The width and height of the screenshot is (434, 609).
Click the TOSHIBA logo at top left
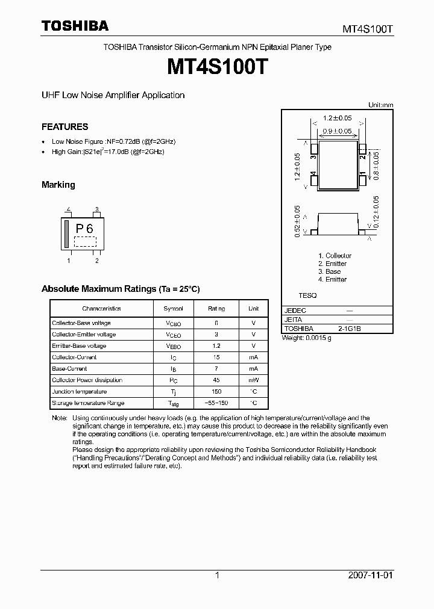(x=75, y=26)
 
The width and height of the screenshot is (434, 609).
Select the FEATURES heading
(x=64, y=127)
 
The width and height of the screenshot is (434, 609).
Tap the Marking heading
(x=58, y=185)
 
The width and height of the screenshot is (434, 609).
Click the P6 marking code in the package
(x=84, y=229)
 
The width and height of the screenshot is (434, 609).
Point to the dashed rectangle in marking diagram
(x=85, y=241)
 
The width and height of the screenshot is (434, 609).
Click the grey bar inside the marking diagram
(x=66, y=234)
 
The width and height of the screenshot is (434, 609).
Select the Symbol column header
(x=173, y=308)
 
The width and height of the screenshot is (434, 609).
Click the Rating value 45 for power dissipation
(x=216, y=380)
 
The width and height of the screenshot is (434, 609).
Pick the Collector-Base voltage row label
(x=81, y=323)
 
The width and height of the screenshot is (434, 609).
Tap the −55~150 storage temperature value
(x=216, y=403)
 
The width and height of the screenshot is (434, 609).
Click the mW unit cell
(x=253, y=380)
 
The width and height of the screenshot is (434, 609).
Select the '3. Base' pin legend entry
(x=329, y=271)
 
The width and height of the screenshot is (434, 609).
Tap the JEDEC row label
(x=295, y=311)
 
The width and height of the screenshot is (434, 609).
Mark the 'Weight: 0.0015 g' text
(x=307, y=338)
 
